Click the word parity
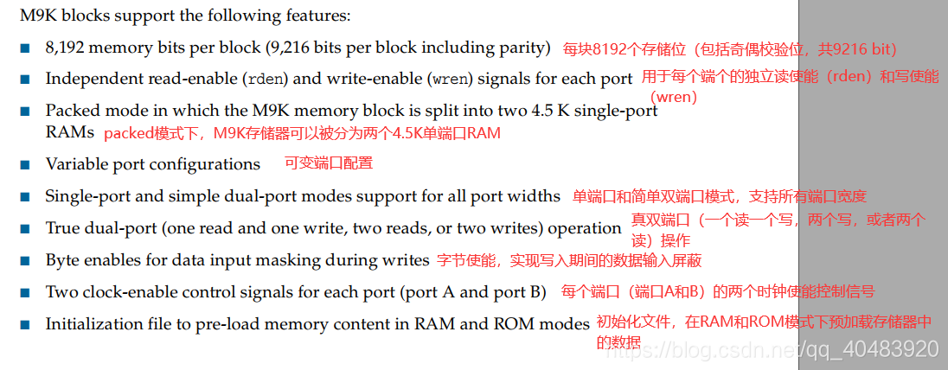[x=522, y=48]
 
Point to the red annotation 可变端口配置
[x=329, y=163]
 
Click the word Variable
[x=76, y=164]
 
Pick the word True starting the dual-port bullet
[x=62, y=228]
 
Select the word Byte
[x=62, y=260]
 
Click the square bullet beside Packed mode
[x=24, y=111]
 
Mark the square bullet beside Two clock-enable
[x=24, y=292]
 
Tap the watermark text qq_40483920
[x=872, y=349]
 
